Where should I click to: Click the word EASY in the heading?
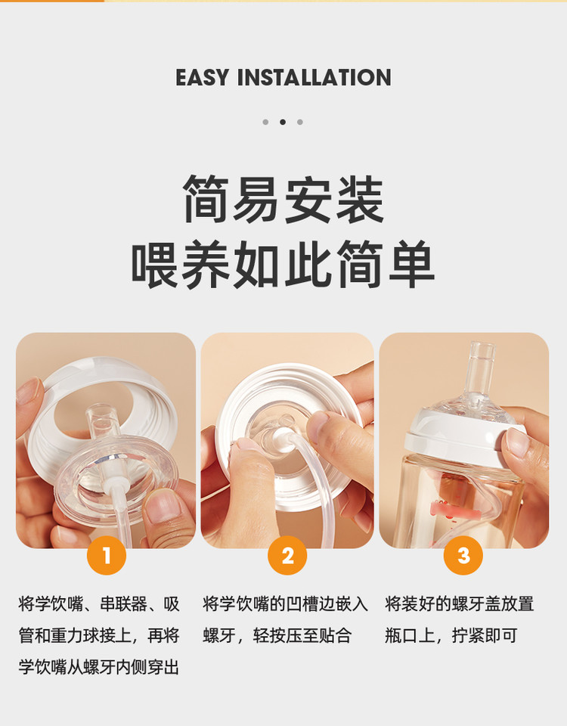[203, 77]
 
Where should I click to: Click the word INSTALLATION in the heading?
[314, 77]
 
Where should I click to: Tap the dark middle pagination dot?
[283, 123]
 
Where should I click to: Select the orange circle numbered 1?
[107, 555]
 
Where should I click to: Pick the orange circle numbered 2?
[287, 555]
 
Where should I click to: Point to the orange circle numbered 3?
[463, 555]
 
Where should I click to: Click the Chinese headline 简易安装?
[283, 200]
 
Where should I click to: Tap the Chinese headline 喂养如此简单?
[283, 265]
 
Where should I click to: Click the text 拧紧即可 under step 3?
[485, 636]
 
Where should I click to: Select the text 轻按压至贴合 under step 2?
[302, 636]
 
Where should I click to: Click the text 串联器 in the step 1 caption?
[124, 604]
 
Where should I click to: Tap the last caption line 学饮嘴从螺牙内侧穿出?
[98, 667]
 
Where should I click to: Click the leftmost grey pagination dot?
[265, 123]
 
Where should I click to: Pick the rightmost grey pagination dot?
[300, 123]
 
